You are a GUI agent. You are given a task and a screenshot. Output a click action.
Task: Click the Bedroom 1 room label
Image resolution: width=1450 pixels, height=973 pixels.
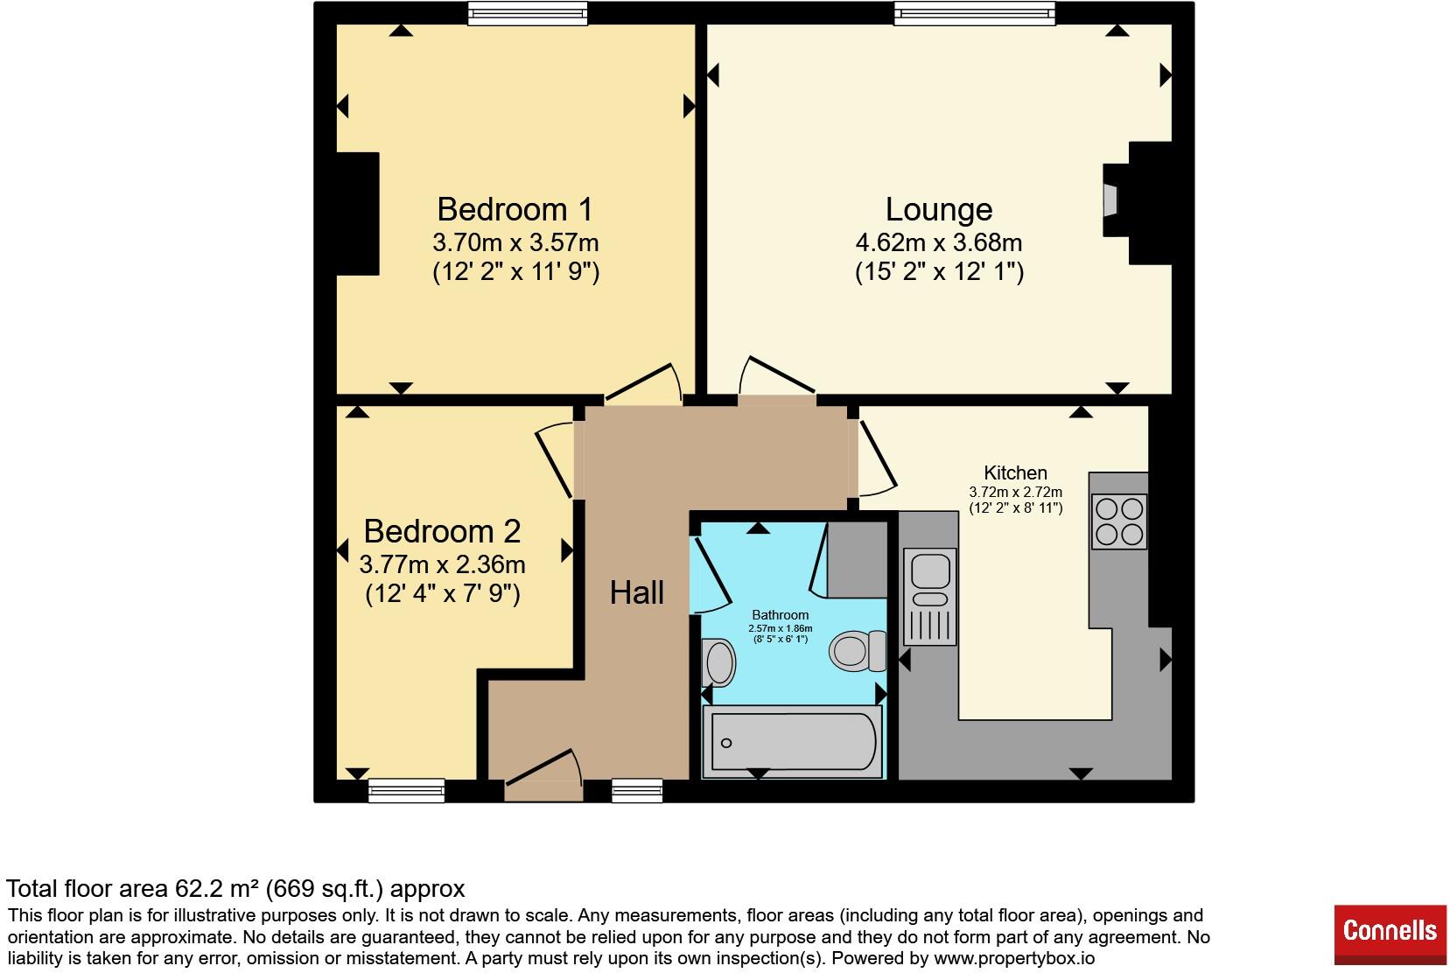(515, 209)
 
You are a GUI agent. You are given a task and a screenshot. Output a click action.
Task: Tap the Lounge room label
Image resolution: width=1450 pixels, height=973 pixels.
(939, 209)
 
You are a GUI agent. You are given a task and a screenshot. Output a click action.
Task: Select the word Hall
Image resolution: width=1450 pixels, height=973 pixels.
(637, 592)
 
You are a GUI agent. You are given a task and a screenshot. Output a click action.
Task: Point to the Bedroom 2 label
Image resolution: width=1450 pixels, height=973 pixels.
(442, 531)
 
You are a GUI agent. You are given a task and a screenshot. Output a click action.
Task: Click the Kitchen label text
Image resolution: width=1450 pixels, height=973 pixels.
(1016, 472)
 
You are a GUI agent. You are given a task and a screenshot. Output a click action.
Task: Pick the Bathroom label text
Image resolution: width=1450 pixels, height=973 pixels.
(780, 614)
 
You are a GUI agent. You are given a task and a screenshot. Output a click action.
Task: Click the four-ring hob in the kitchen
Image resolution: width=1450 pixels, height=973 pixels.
(1119, 521)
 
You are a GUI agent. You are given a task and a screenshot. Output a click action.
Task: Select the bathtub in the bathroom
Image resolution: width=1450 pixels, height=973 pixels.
(792, 741)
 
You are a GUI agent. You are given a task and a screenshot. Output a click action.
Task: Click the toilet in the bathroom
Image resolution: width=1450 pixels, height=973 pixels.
(858, 651)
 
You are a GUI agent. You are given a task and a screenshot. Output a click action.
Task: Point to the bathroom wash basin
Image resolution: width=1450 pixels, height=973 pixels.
(718, 662)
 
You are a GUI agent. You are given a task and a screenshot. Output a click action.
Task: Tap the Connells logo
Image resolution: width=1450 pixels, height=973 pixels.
(1390, 934)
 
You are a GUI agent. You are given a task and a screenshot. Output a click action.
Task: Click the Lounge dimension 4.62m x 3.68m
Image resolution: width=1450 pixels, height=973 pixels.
(939, 242)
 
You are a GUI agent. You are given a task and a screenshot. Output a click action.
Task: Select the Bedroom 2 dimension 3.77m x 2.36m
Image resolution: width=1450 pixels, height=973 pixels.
(442, 564)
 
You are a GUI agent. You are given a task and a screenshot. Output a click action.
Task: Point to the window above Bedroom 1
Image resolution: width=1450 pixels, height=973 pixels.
(528, 14)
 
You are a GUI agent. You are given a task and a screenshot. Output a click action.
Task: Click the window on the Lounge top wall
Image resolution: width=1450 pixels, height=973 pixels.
(974, 14)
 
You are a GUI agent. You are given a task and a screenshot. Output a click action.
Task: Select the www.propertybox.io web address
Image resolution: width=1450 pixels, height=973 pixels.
(1014, 958)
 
